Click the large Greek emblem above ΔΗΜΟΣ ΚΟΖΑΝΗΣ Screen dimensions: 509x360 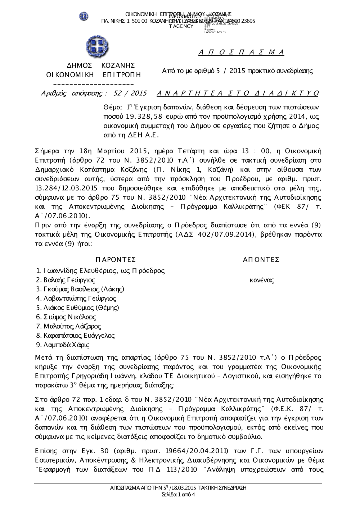click(97, 47)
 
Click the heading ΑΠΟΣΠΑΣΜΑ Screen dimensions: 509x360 click(242, 53)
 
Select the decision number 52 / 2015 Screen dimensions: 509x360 click(130, 94)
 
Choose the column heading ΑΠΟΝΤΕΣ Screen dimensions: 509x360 click(261, 260)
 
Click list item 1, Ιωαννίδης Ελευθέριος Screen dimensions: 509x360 click(101, 271)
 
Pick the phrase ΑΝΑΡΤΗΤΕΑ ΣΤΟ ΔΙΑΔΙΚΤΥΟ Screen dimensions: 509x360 click(238, 94)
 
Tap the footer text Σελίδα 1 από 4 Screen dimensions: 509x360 click(179, 495)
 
